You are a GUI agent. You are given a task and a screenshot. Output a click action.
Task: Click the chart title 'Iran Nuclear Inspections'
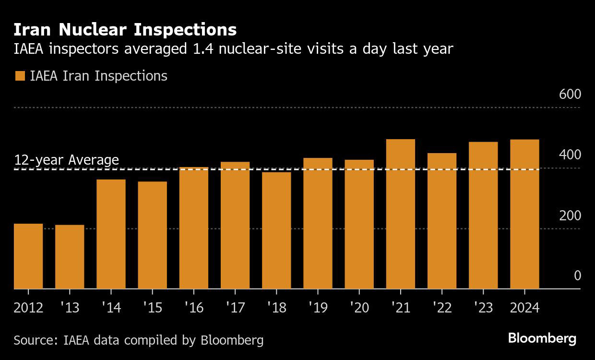click(125, 30)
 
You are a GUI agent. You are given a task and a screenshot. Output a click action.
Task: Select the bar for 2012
click(28, 256)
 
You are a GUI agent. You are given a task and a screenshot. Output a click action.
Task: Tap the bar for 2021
click(400, 214)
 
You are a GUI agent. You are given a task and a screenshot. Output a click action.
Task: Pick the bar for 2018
click(276, 230)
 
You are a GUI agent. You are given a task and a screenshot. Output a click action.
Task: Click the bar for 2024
click(524, 214)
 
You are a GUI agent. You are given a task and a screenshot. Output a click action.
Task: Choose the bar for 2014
click(111, 234)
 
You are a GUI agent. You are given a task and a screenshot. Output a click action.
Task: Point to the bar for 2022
click(441, 221)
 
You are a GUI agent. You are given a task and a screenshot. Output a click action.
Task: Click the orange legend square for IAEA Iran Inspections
click(20, 76)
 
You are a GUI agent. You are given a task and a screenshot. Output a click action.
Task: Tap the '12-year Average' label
click(66, 160)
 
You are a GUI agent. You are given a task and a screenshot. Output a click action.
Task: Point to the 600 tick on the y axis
click(570, 95)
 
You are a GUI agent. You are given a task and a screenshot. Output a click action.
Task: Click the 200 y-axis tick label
click(570, 216)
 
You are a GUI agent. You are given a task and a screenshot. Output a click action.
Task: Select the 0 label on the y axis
click(577, 276)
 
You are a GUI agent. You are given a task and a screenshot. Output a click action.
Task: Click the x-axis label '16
click(193, 307)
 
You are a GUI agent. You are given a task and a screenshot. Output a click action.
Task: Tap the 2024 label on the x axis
click(524, 307)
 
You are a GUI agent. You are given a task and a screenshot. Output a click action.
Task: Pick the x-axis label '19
click(318, 307)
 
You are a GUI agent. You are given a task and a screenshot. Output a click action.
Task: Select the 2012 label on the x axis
click(28, 307)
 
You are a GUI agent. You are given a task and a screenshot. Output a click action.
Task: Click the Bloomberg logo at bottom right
click(542, 338)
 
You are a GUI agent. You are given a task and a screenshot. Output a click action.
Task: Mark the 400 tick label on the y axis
click(570, 155)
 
